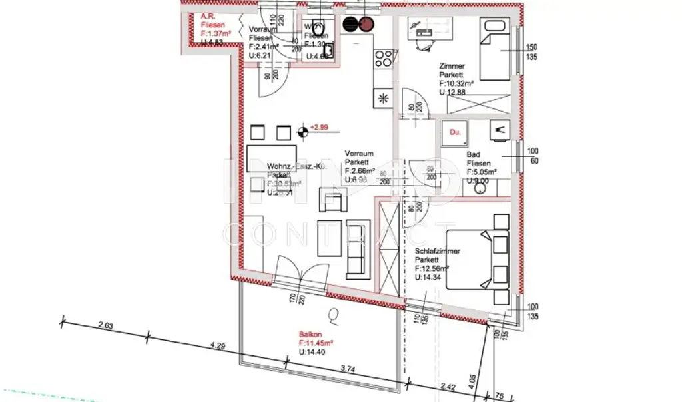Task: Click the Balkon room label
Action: [x=309, y=336]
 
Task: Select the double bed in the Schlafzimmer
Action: [x=478, y=260]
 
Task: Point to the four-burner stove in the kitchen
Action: [x=383, y=59]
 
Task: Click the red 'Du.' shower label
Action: [x=456, y=133]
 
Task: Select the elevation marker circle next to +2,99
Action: [x=303, y=131]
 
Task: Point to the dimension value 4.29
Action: [x=218, y=345]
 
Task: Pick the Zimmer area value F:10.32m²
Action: [x=456, y=83]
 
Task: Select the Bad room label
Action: [x=473, y=155]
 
